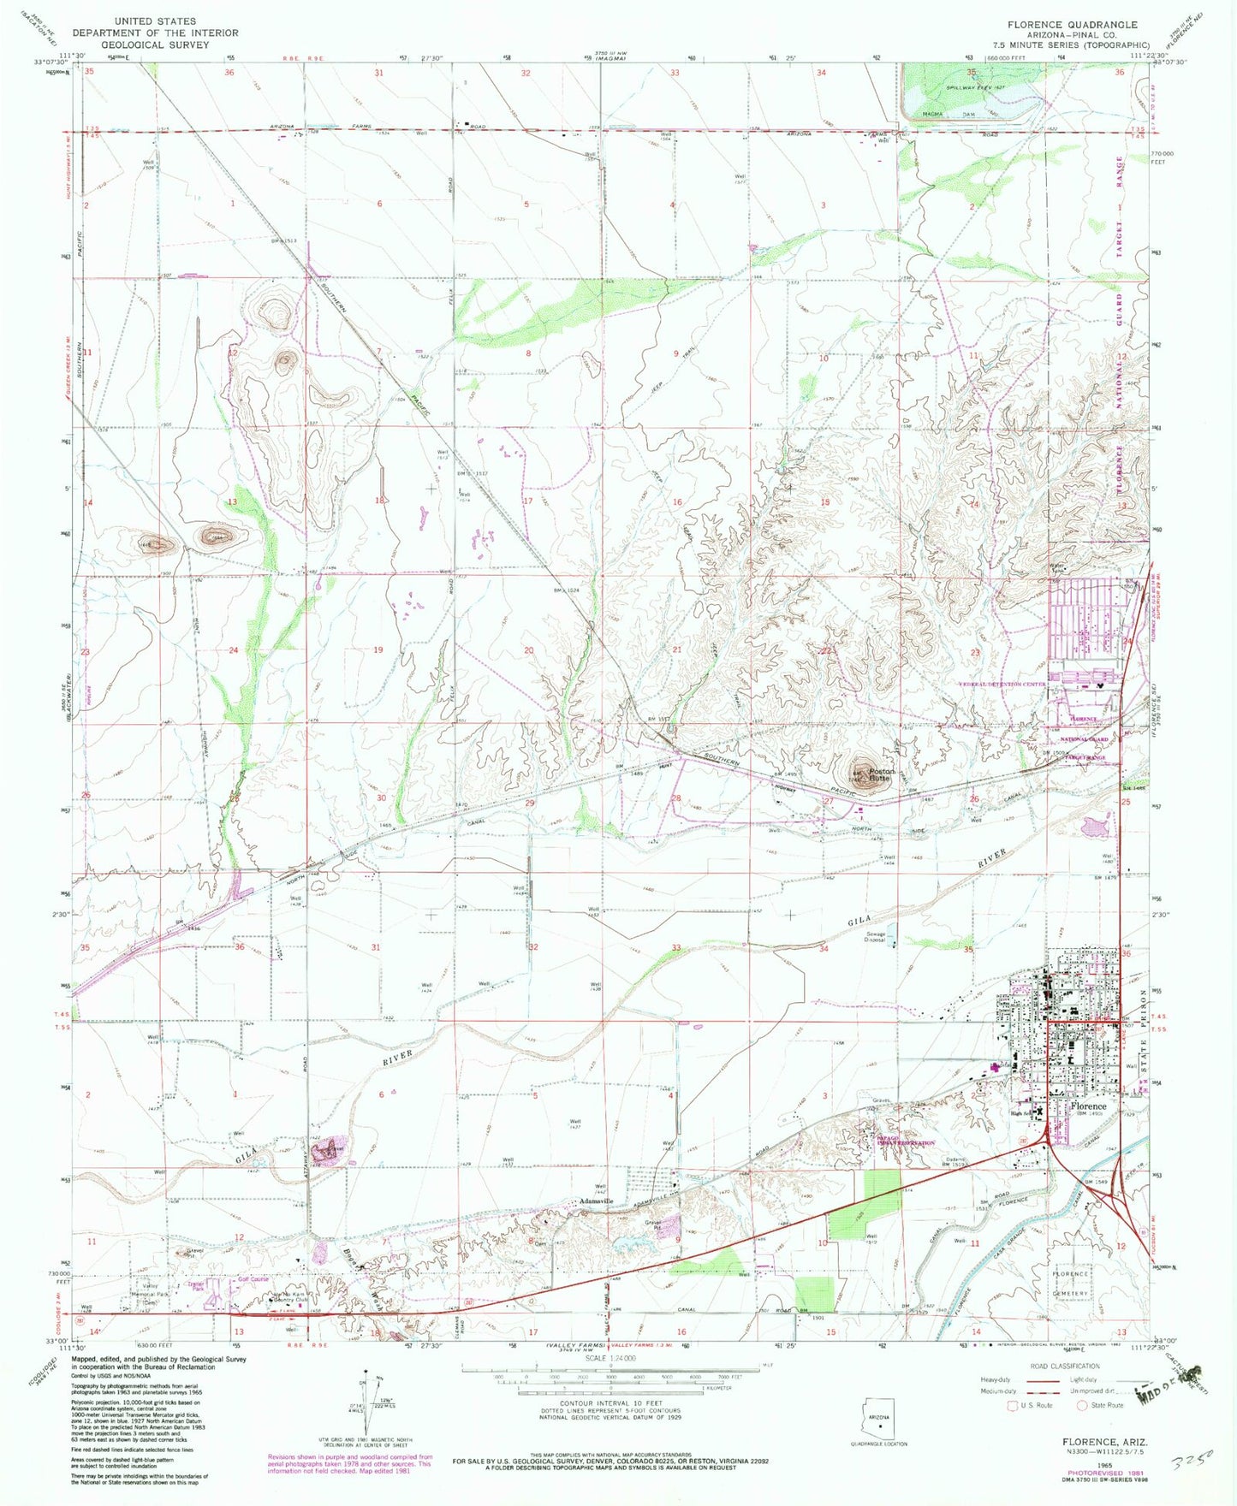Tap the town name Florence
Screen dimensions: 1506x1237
[x=1088, y=1106]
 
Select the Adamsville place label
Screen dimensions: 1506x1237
[x=596, y=1201]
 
